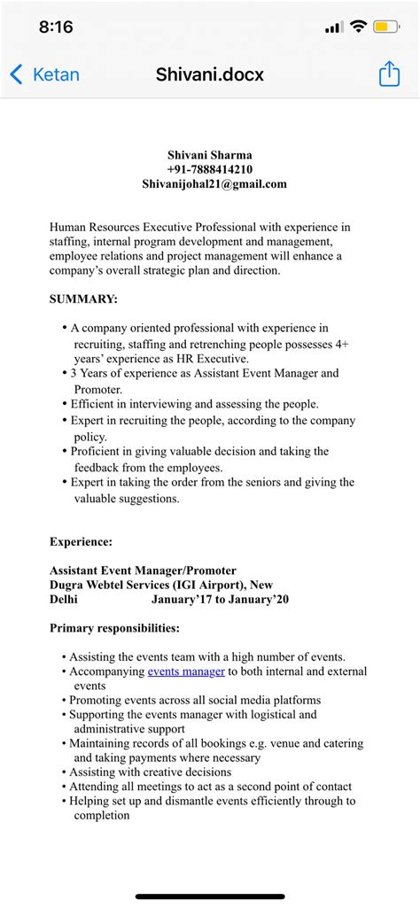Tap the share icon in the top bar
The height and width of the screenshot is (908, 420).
point(390,75)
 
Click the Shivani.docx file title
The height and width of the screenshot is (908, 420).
point(210,75)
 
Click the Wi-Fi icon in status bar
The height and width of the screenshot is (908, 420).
point(358,27)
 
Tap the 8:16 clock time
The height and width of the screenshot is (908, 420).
point(56,27)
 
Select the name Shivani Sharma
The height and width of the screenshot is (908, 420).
point(210,155)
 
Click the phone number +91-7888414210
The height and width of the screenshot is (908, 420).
point(210,169)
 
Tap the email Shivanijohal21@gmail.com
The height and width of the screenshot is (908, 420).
point(214,183)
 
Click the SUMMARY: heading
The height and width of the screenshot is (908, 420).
point(83,299)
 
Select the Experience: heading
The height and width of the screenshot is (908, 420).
point(81,541)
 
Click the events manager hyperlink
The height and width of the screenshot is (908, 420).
point(186,671)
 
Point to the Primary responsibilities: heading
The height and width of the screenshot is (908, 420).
point(114,628)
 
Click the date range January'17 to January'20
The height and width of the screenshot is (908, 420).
point(220,600)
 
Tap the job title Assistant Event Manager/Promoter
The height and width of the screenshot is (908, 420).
point(143,570)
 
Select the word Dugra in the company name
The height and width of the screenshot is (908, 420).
point(67,585)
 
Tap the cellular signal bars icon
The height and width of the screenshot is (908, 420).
point(333,27)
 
